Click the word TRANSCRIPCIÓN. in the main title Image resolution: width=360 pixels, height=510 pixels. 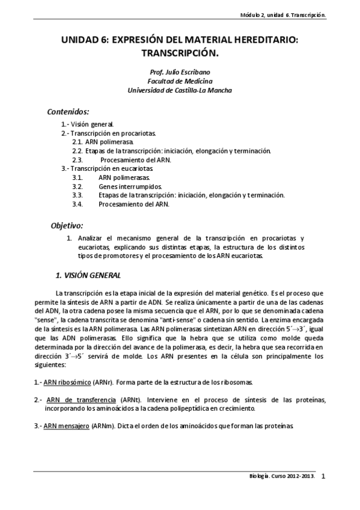pos(180,53)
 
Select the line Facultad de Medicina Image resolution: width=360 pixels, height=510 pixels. pos(180,81)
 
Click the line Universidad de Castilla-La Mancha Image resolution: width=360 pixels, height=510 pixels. pos(180,90)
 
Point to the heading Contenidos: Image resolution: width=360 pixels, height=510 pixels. pos(68,112)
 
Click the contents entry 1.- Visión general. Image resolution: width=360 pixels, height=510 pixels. pos(88,124)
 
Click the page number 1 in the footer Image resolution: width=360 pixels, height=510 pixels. pos(323,477)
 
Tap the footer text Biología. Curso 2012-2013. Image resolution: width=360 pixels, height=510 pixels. pos(281,477)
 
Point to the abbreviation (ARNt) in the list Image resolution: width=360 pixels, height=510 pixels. pos(131,399)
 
